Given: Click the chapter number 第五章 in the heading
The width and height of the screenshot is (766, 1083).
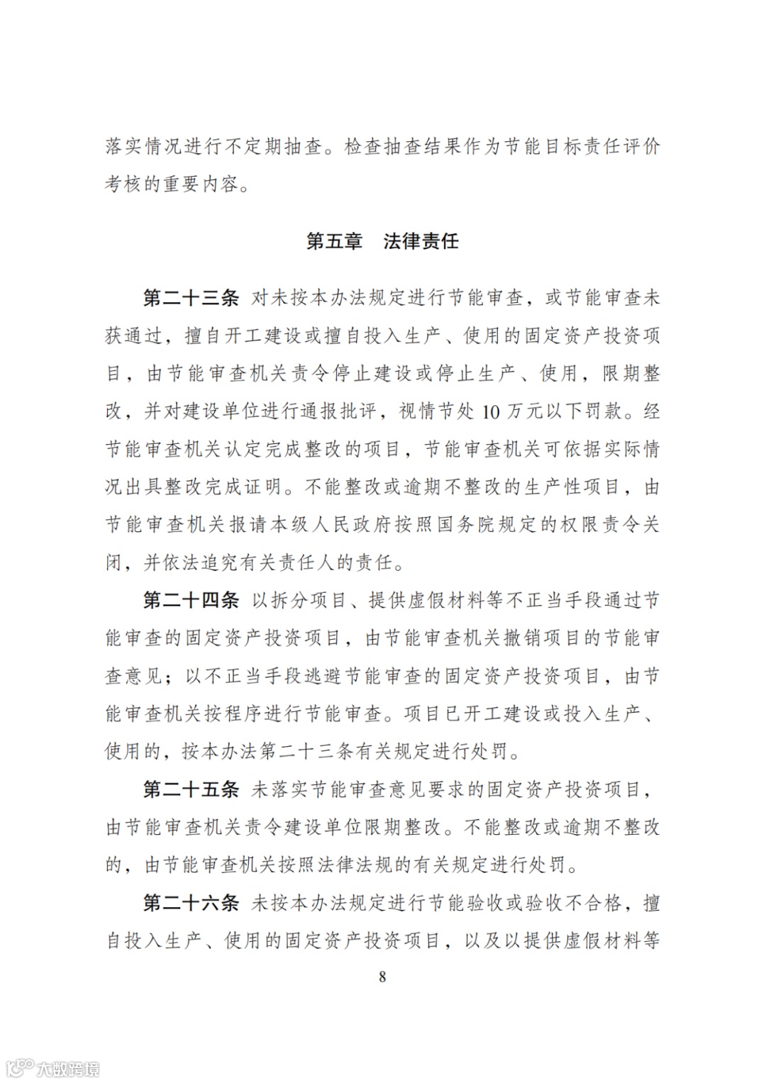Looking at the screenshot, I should (x=334, y=241).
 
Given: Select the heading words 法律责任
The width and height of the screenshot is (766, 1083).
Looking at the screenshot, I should (x=421, y=241).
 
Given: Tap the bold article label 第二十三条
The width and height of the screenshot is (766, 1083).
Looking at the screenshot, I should (x=191, y=298).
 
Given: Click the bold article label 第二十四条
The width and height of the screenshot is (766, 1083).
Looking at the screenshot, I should (x=191, y=601).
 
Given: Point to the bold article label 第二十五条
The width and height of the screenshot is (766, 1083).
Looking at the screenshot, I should (x=191, y=789).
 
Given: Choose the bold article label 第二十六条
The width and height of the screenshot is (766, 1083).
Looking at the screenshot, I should (x=191, y=903).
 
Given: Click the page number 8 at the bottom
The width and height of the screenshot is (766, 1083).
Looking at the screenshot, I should (x=383, y=977).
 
